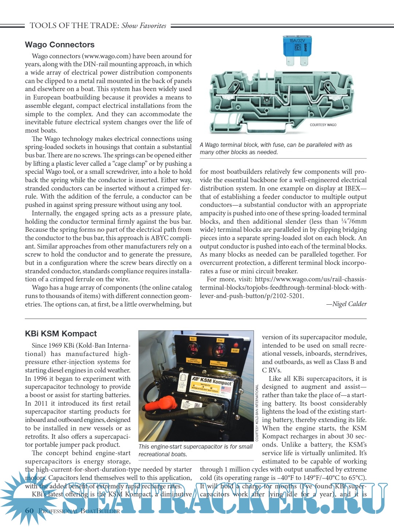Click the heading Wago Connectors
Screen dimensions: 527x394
click(59, 45)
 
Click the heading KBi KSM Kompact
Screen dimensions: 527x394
click(61, 334)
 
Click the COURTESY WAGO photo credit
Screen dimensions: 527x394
click(323, 125)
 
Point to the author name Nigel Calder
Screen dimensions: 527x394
click(349, 304)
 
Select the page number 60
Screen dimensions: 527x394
click(29, 511)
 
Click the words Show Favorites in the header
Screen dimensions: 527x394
click(144, 26)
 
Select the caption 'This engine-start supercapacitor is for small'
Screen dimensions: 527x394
click(196, 447)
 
